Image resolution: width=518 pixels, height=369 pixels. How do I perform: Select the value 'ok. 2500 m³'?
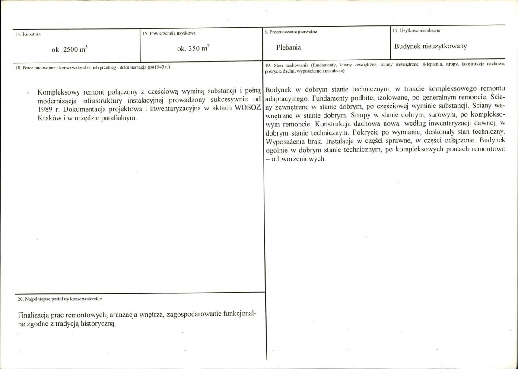70,49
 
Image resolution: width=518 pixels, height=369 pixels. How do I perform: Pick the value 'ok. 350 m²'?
194,48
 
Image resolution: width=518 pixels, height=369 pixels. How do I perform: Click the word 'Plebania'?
289,47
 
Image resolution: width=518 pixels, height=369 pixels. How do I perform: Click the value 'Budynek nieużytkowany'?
430,46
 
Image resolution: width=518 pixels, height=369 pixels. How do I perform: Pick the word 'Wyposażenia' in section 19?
284,141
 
